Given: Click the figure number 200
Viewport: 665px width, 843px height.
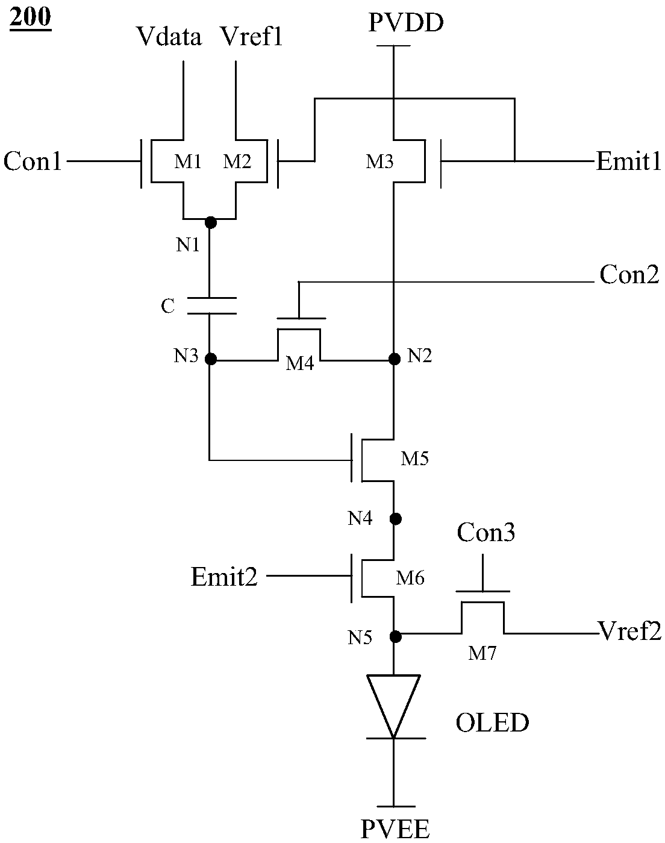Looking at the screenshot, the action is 30,17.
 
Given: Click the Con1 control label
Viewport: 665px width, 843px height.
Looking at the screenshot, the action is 33,161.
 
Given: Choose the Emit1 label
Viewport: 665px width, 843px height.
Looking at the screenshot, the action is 629,161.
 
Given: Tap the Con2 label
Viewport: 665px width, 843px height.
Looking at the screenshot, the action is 629,275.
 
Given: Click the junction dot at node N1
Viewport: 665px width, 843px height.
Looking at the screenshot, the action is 210,222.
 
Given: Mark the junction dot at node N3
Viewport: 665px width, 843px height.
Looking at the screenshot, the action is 210,359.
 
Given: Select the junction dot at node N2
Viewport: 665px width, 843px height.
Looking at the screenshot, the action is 395,359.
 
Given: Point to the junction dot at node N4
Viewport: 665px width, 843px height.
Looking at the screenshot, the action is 396,519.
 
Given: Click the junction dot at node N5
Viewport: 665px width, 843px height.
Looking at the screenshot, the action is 396,636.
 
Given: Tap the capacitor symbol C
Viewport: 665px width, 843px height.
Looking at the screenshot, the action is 212,306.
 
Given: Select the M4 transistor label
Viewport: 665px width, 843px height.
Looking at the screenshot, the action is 299,363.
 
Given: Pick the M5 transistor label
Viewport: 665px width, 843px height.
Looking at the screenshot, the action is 415,458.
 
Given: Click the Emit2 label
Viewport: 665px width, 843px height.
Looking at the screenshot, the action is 224,577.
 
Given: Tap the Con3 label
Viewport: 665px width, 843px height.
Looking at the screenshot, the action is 486,532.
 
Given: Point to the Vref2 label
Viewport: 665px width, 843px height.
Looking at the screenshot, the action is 630,631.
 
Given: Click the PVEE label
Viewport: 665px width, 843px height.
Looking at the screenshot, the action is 395,829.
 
